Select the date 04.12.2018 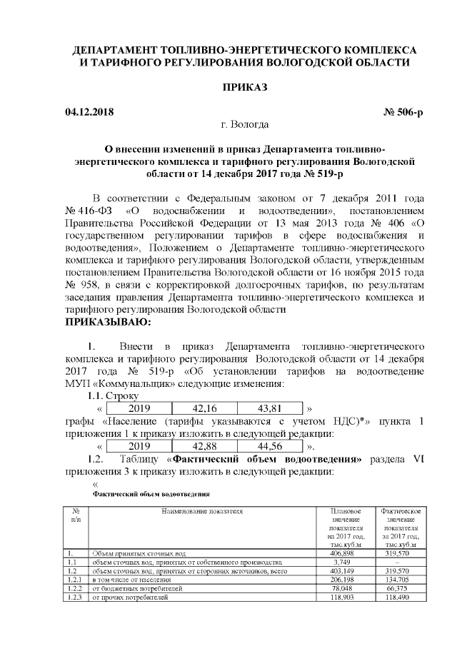[89, 112]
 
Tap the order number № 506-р [396, 112]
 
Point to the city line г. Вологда [245, 126]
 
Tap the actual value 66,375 [401, 589]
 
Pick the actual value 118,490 [401, 597]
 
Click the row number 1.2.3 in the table [73, 597]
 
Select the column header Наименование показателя [202, 511]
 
